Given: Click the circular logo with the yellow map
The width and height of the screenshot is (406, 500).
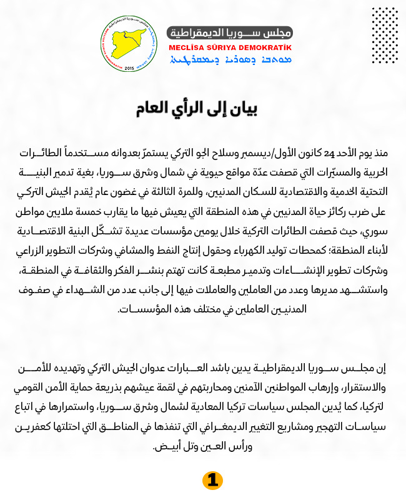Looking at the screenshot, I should click(x=130, y=44).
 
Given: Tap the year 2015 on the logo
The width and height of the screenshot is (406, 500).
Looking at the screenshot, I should click(x=130, y=67).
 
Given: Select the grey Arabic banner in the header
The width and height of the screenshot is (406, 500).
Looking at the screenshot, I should click(x=230, y=32).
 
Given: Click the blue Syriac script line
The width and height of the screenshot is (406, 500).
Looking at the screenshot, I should click(x=230, y=60).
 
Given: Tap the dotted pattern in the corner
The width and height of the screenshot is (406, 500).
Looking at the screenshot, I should click(x=384, y=35).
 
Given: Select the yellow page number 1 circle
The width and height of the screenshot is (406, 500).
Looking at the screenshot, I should click(x=212, y=480).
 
